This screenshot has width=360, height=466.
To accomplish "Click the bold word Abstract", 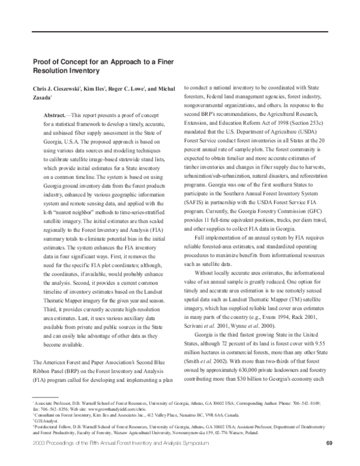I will pyautogui.click(x=58, y=114).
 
